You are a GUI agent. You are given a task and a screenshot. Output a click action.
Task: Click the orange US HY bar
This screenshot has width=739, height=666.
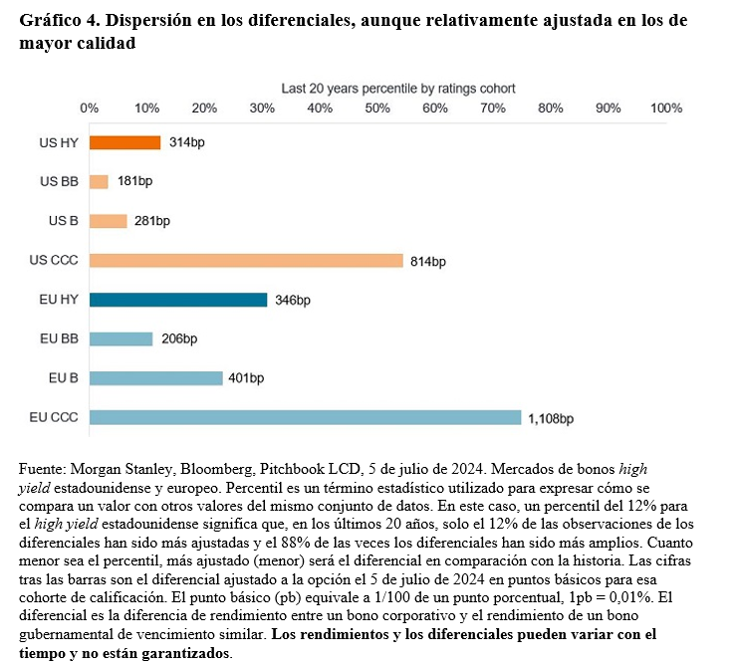(x=124, y=142)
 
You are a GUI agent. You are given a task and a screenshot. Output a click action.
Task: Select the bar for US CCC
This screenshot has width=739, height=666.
(x=246, y=261)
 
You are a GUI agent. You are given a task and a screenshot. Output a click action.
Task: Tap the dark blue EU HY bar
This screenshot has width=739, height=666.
(x=178, y=300)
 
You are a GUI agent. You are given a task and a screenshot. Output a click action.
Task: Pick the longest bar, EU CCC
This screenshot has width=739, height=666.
(x=305, y=417)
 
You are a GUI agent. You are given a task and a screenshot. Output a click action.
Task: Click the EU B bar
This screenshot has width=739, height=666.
(x=155, y=378)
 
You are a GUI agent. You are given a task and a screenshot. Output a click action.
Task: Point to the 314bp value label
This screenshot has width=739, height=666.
(x=186, y=143)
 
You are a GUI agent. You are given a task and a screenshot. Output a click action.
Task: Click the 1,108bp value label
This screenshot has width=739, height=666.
(x=551, y=419)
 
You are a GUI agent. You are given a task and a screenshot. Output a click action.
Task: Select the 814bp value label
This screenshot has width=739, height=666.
(x=428, y=262)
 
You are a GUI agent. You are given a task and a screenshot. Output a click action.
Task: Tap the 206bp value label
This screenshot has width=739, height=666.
(x=179, y=339)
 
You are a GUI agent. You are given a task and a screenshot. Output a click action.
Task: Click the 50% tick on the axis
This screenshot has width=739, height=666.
(x=377, y=109)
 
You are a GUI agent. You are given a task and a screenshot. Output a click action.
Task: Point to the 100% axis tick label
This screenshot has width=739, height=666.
(x=665, y=109)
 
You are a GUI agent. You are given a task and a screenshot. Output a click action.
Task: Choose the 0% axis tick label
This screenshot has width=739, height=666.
(x=89, y=109)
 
